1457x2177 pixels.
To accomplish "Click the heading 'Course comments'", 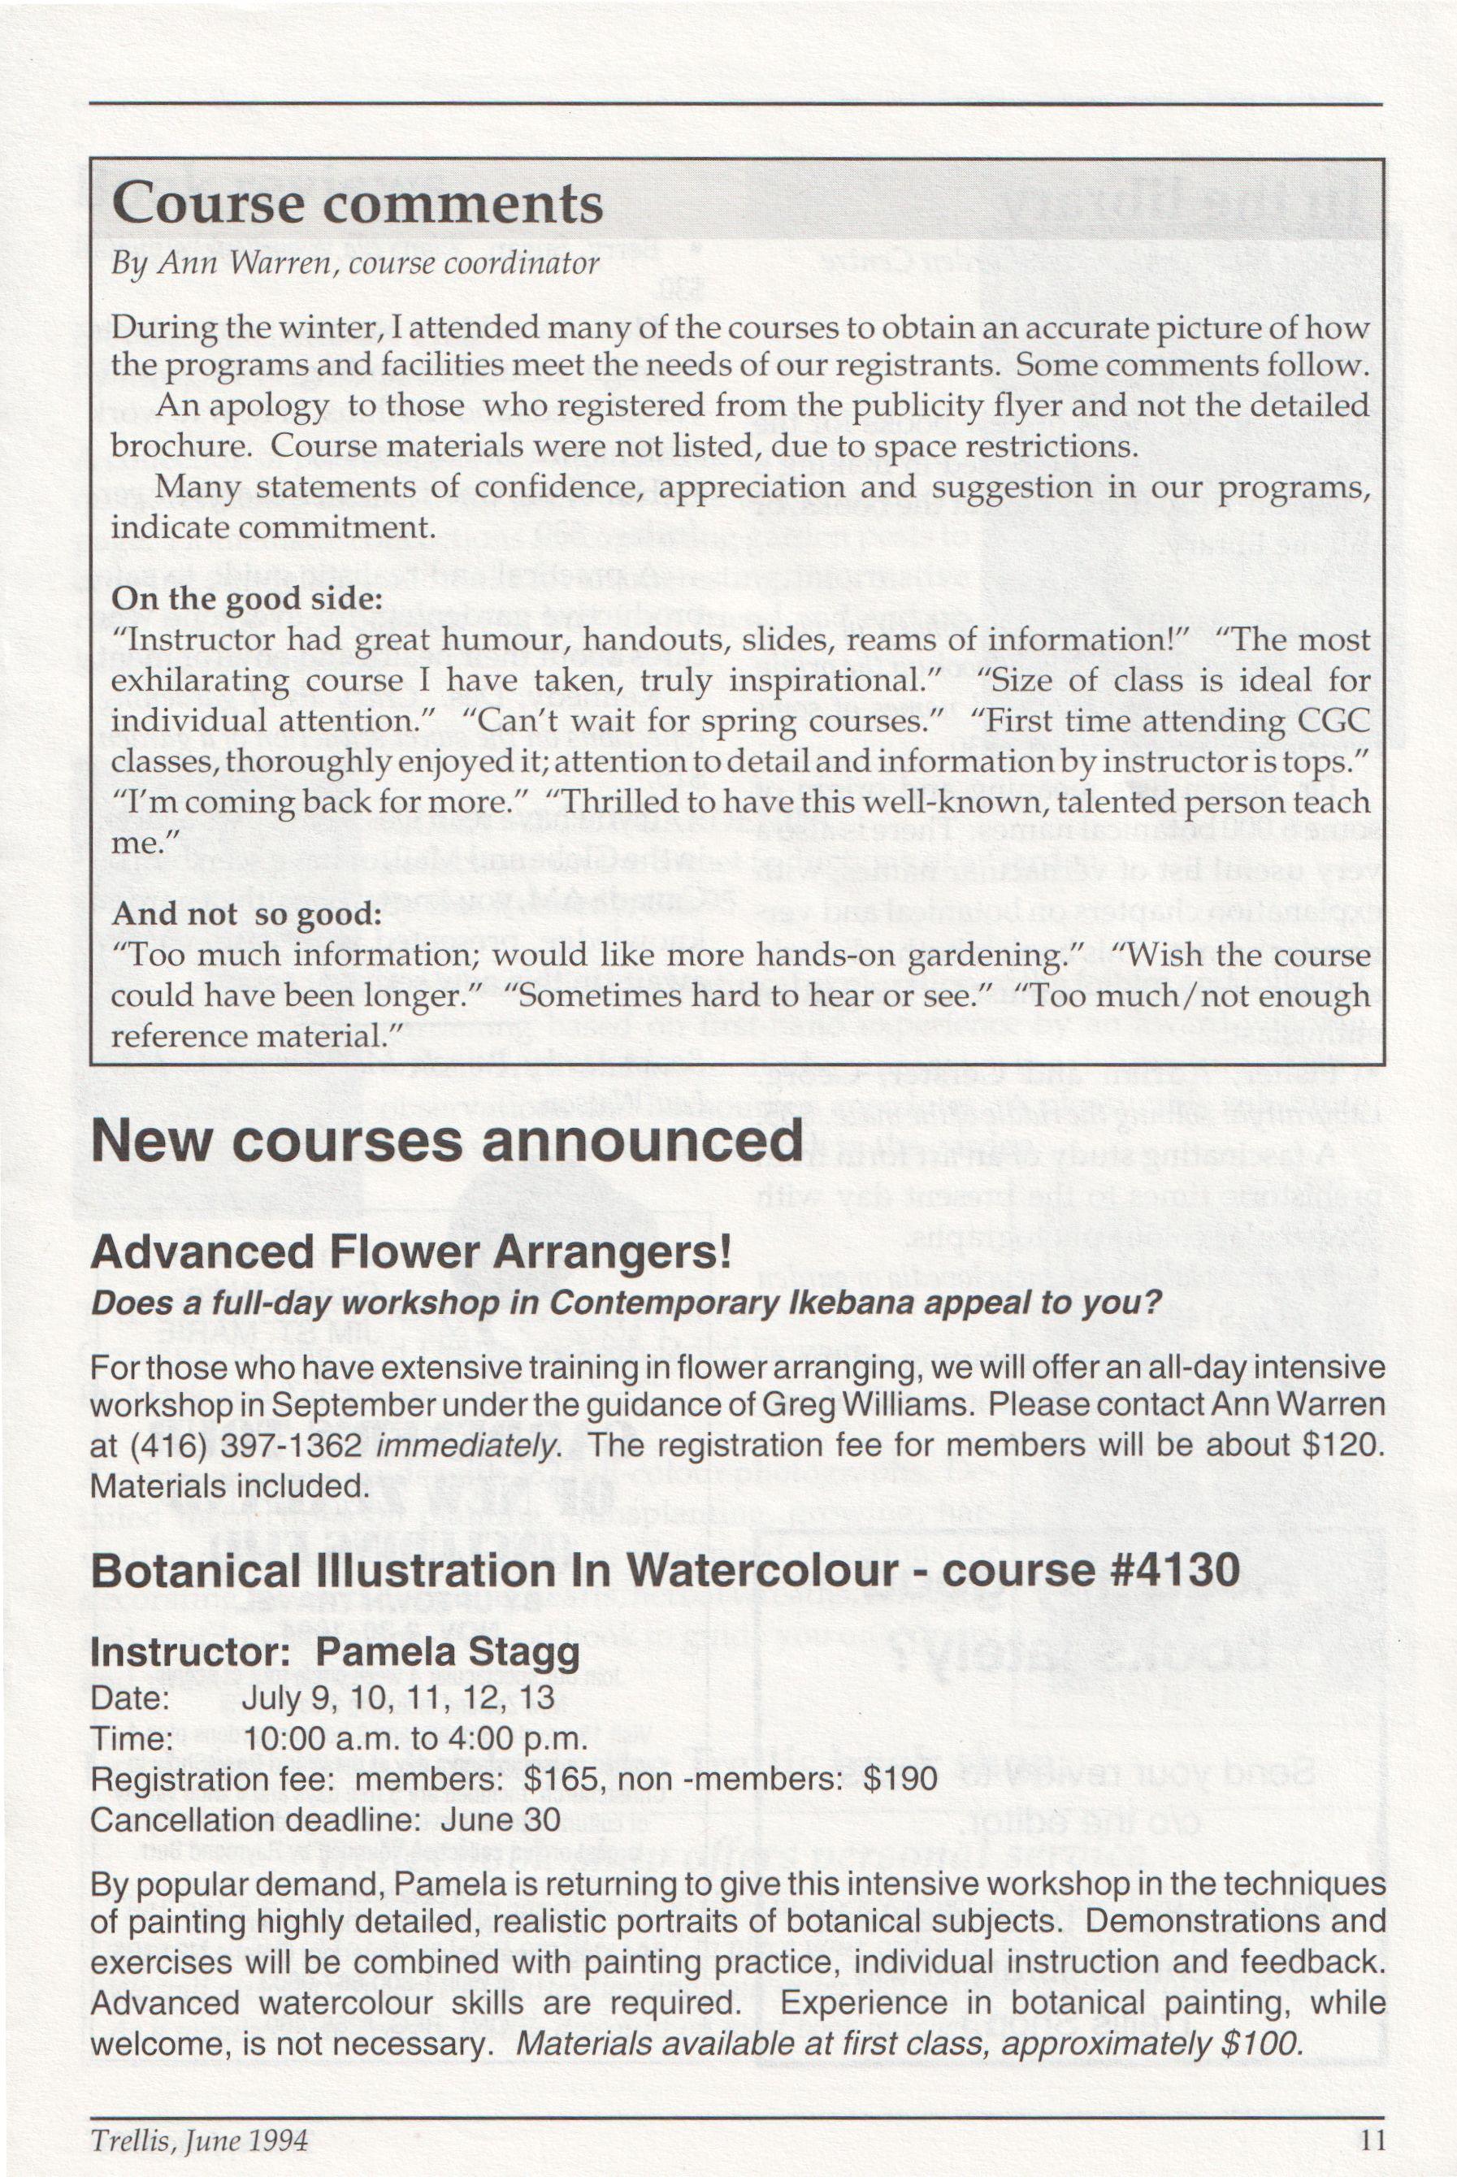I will click(x=357, y=203).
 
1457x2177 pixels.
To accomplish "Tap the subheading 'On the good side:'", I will click(x=247, y=598).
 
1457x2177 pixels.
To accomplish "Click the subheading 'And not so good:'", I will click(x=247, y=914).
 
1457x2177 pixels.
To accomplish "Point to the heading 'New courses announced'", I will click(x=446, y=1141).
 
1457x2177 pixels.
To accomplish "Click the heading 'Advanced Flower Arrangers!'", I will click(x=410, y=1252).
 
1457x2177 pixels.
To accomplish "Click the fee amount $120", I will click(x=1339, y=1445).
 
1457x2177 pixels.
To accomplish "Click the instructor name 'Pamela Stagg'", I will click(x=448, y=1653).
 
